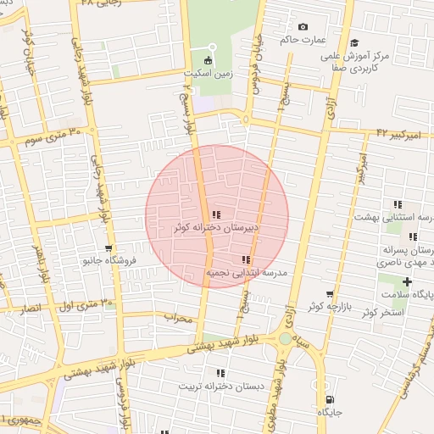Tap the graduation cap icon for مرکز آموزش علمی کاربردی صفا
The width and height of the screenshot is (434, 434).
click(354, 42)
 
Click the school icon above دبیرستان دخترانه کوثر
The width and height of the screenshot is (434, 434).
click(216, 215)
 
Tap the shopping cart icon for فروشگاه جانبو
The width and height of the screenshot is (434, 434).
click(108, 248)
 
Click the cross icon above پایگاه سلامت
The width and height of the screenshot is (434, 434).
click(408, 281)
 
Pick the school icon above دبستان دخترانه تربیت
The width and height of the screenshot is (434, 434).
click(220, 373)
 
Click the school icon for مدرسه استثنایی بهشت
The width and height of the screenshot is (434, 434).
click(397, 204)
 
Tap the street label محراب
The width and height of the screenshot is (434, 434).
click(181, 318)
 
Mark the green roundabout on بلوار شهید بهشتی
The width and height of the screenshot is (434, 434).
click(285, 339)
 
